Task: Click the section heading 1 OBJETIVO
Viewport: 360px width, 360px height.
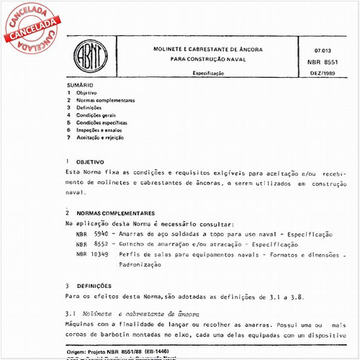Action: tap(85, 163)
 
